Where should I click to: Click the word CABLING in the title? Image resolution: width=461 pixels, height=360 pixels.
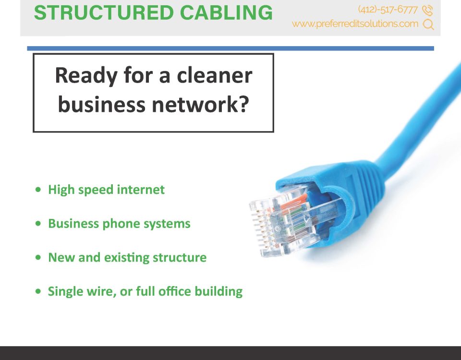pyautogui.click(x=226, y=12)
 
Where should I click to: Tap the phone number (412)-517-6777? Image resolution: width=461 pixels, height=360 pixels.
pyautogui.click(x=388, y=10)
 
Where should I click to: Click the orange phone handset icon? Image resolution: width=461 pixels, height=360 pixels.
pyautogui.click(x=427, y=10)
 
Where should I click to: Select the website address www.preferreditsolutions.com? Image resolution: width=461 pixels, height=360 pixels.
pyautogui.click(x=355, y=24)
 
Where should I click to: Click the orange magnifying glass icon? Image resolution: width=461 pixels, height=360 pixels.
pyautogui.click(x=428, y=24)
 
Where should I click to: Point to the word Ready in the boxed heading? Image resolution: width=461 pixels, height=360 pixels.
pyautogui.click(x=86, y=76)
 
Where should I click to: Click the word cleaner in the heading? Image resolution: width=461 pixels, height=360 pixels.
pyautogui.click(x=214, y=75)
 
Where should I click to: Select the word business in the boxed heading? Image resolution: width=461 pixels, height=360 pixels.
pyautogui.click(x=101, y=104)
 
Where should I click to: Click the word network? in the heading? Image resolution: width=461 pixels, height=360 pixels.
pyautogui.click(x=200, y=104)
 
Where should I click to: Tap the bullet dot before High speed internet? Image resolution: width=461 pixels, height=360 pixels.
pyautogui.click(x=38, y=190)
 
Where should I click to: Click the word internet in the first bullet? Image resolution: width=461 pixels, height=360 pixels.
pyautogui.click(x=141, y=190)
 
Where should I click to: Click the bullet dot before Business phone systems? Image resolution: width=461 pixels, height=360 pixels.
pyautogui.click(x=38, y=224)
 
